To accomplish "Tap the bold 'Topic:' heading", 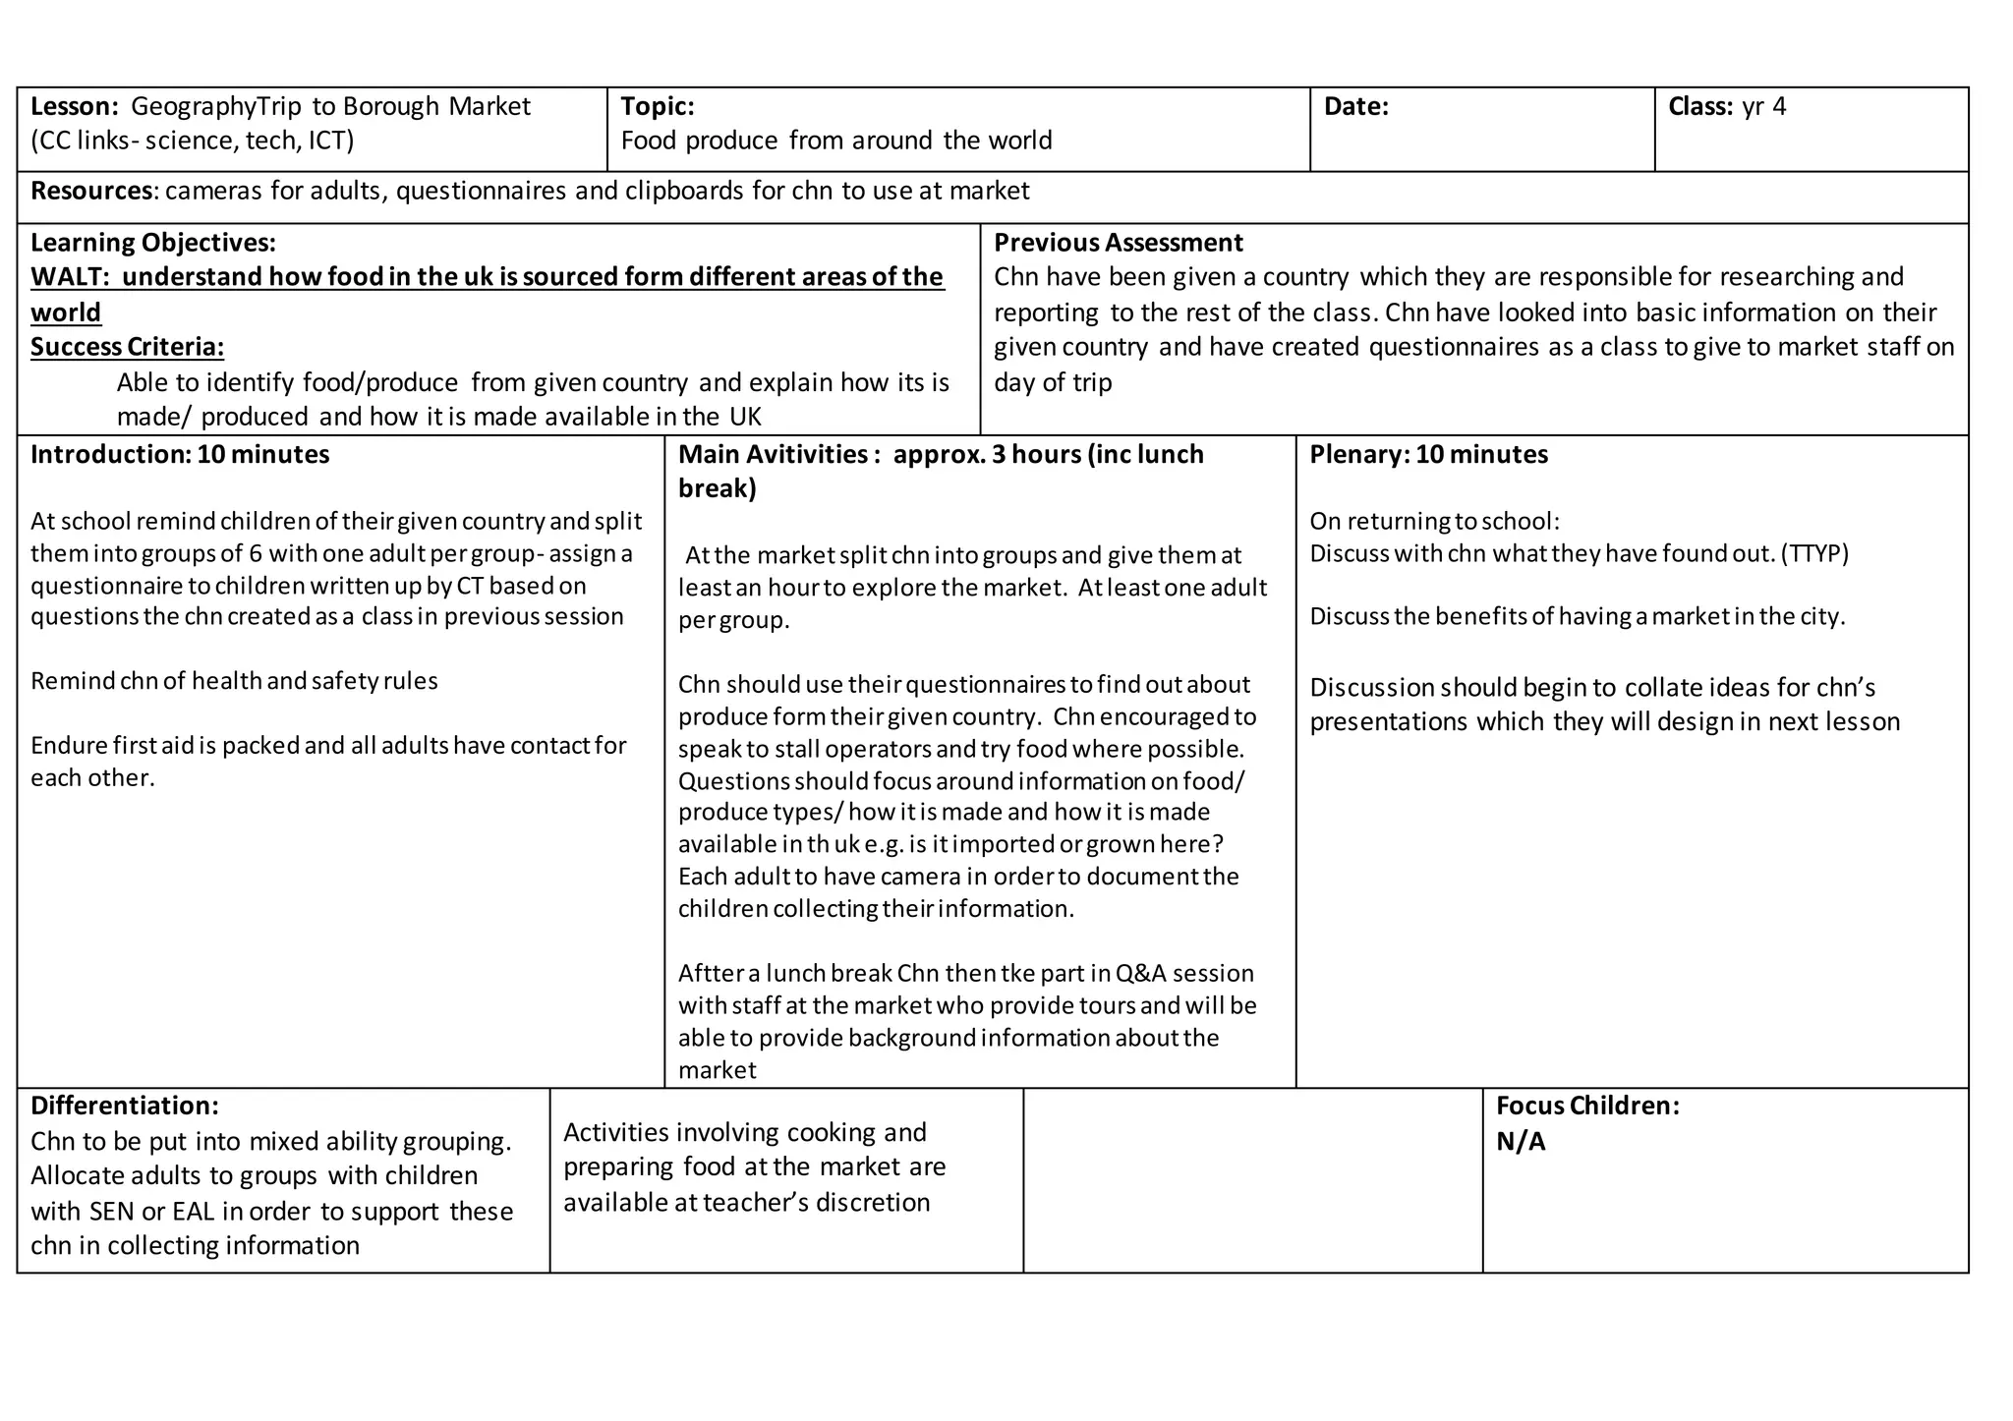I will click(x=658, y=106).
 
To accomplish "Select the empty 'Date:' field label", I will click(x=1355, y=106).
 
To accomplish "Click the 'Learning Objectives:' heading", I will click(x=152, y=243).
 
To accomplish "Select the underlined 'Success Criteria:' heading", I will click(x=127, y=347).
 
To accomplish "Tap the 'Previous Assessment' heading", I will click(x=1118, y=243).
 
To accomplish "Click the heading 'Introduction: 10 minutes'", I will click(x=180, y=454).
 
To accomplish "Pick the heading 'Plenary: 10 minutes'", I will click(x=1428, y=454).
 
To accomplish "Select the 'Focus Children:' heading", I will click(x=1586, y=1106).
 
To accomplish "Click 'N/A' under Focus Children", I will click(x=1521, y=1141).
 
